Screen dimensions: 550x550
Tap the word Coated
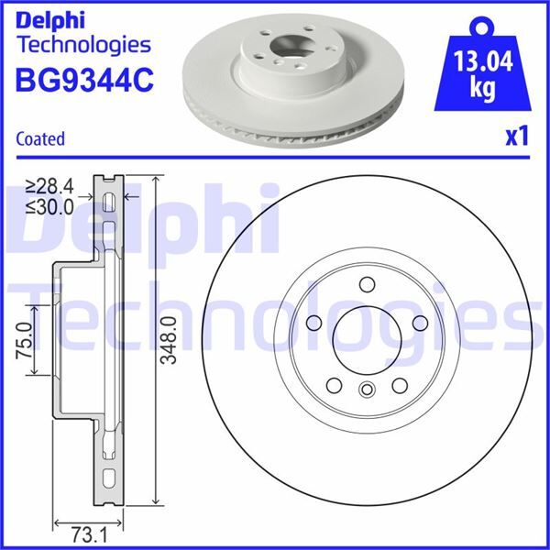(40, 139)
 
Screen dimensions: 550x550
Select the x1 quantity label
(518, 137)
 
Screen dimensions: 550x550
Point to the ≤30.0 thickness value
(51, 207)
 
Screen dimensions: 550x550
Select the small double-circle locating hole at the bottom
(366, 390)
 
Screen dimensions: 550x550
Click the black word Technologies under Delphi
(82, 43)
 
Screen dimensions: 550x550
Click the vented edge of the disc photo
(275, 136)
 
